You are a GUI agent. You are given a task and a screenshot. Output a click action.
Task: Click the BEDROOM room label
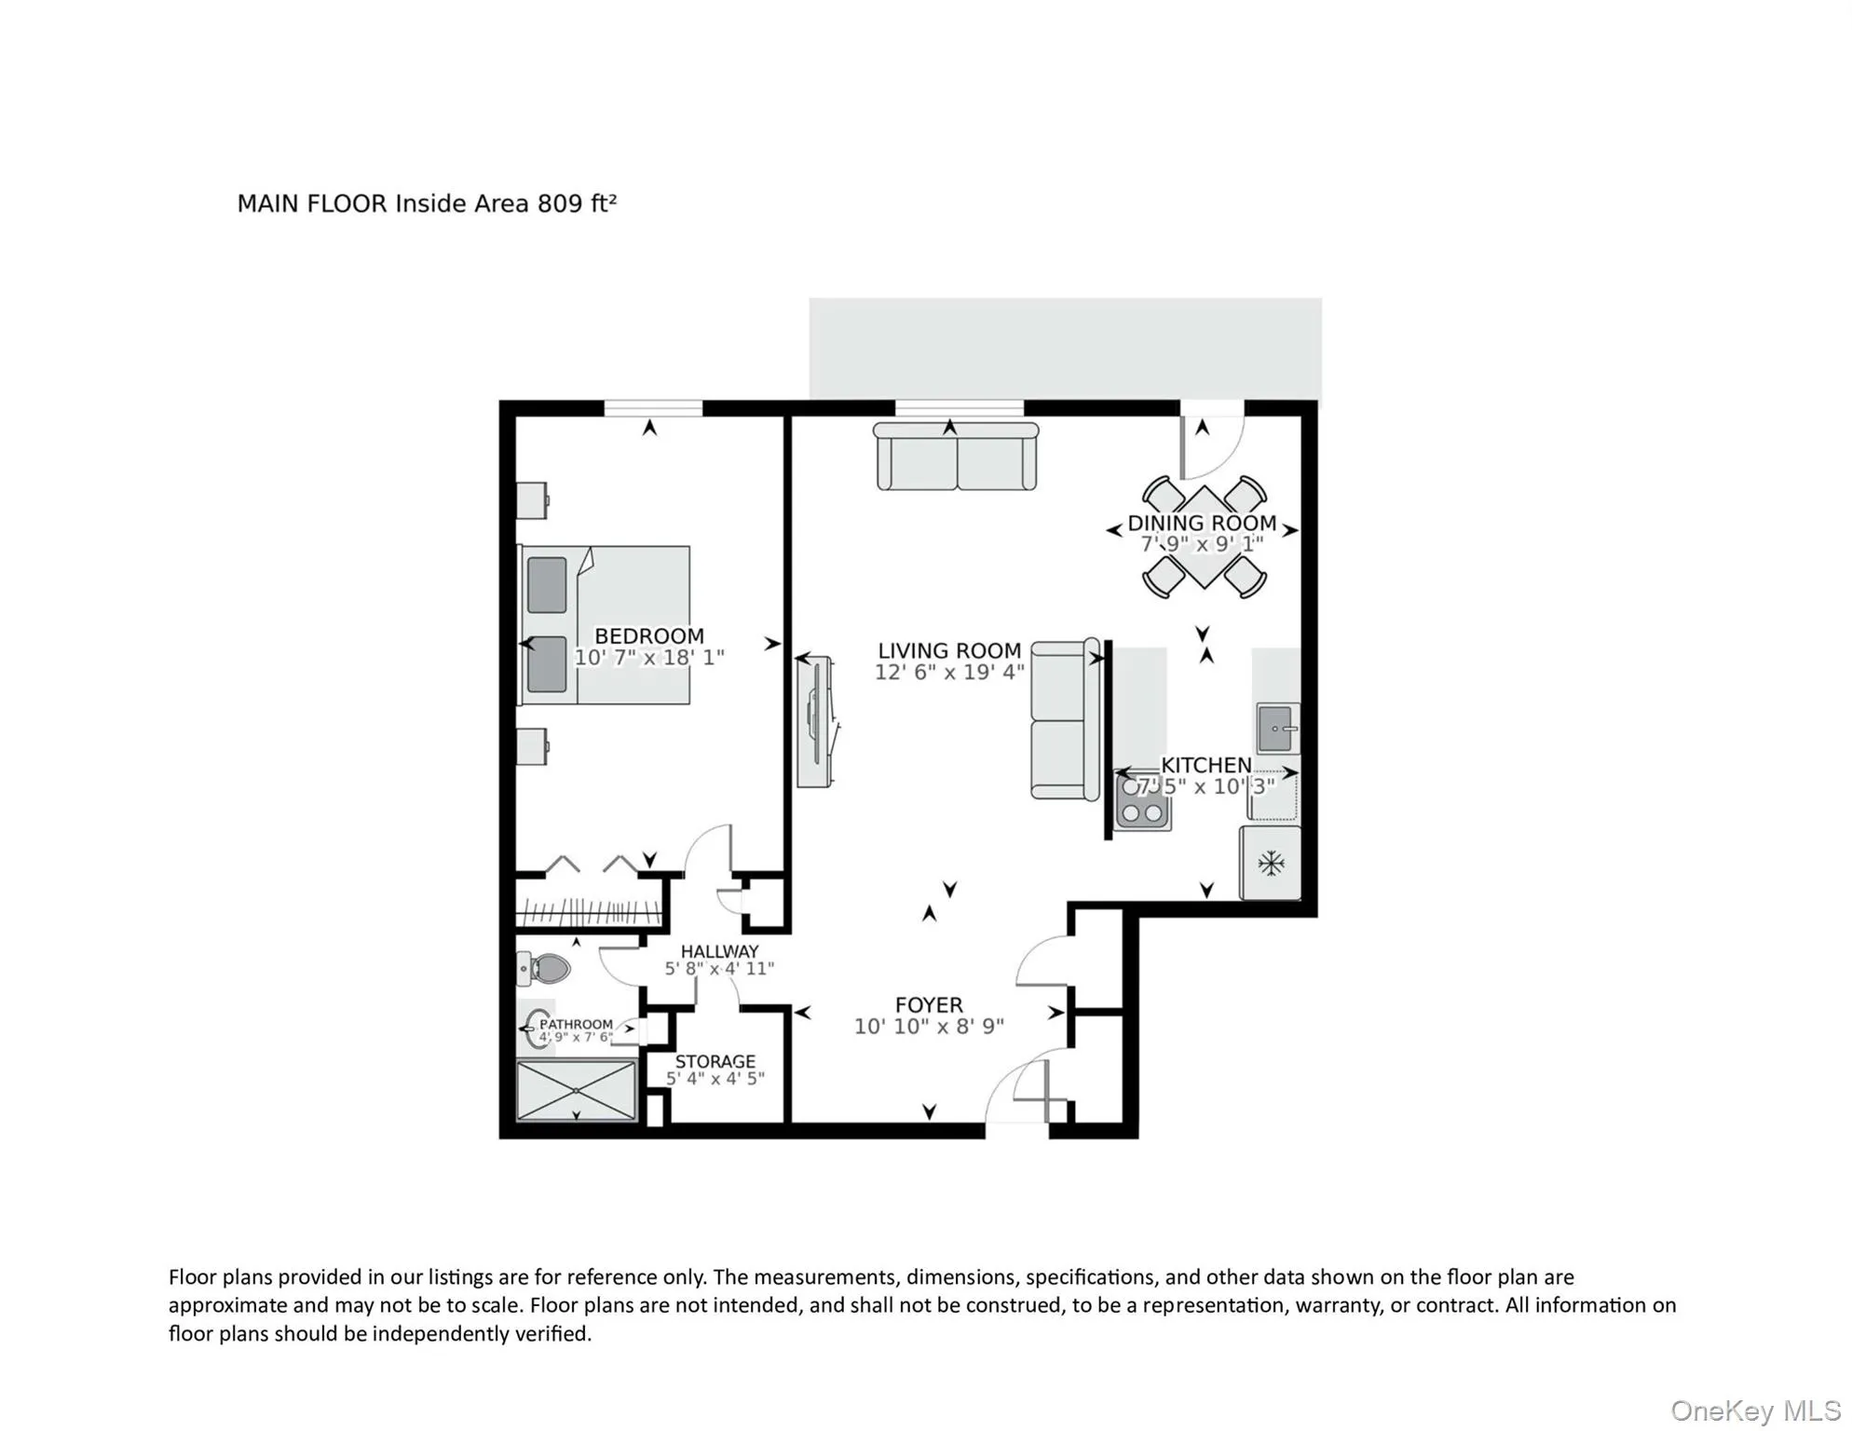coord(649,636)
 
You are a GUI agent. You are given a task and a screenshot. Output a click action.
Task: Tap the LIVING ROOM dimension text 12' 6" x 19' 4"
coord(948,673)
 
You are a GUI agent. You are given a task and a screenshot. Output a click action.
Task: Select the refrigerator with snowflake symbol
coord(1271,863)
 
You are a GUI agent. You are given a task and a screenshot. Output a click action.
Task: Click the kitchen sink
coord(1276,729)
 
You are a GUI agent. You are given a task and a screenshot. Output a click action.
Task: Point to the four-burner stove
coord(1143,801)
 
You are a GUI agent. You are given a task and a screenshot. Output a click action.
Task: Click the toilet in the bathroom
coord(544,969)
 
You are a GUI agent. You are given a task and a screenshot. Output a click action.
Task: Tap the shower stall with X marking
coord(577,1090)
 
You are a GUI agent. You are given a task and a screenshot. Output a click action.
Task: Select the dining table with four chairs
coord(1204,538)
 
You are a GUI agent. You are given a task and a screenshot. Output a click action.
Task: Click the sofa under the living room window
coord(956,457)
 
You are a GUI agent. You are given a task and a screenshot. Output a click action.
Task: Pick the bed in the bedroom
coord(606,625)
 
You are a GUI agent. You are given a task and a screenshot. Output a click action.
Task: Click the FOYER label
coord(929,1005)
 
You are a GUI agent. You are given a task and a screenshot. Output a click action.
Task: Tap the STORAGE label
coord(715,1061)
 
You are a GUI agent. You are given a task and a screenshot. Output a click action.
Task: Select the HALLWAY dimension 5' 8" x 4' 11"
coord(719,969)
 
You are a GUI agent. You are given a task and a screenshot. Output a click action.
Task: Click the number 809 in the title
coord(560,203)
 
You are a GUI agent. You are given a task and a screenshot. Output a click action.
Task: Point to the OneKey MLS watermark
coord(1755,1411)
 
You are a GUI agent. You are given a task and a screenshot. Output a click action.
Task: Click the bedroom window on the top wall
coord(653,408)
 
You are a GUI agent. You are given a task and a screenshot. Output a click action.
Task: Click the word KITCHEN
coord(1205,765)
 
